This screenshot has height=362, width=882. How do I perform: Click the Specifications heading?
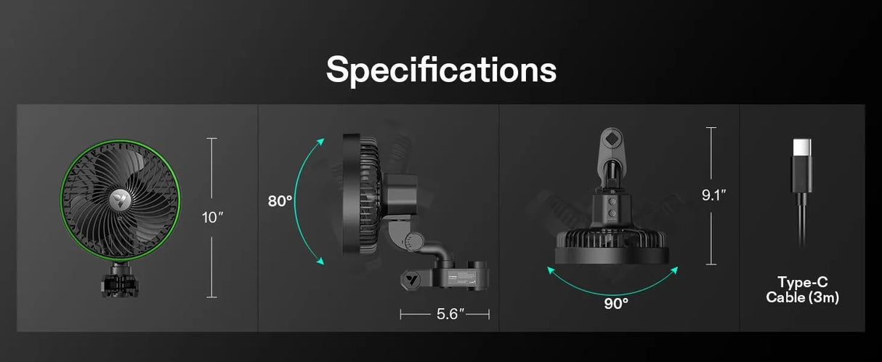441,70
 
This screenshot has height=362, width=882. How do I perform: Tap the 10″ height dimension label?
212,217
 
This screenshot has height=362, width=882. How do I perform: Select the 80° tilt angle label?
280,201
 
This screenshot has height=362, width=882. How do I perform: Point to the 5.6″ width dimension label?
450,314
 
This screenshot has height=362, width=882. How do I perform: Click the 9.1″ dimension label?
713,195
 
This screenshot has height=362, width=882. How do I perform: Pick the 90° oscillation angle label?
616,303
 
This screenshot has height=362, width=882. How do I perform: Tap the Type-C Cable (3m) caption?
803,289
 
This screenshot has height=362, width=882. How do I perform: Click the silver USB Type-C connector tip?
802,148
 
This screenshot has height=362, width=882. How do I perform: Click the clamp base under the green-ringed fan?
120,281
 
